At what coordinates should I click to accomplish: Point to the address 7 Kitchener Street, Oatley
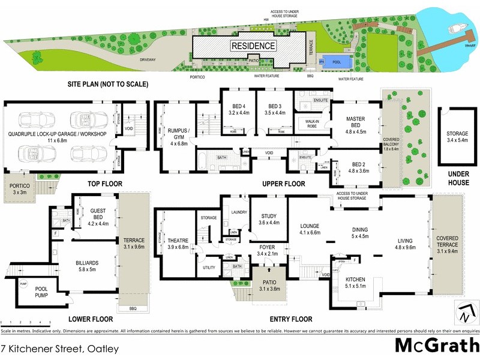click(x=59, y=348)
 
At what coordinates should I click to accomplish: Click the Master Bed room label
click(x=356, y=122)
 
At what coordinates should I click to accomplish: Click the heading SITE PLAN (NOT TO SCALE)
click(x=108, y=85)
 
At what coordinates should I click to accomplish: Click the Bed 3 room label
click(x=275, y=108)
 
